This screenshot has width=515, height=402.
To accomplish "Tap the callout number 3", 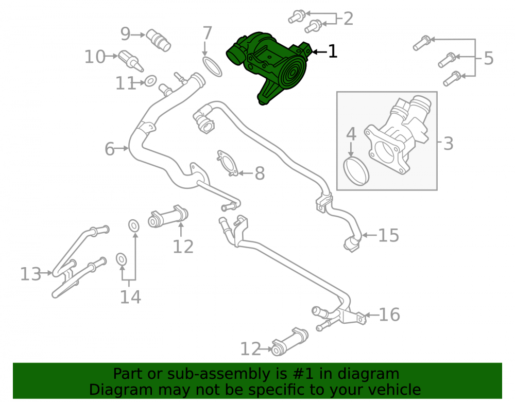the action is pos(449,144).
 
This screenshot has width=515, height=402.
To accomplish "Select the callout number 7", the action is pos(207,33).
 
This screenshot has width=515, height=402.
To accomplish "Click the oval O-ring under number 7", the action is pos(212,66).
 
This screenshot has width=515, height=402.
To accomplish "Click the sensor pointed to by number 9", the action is pos(158,40).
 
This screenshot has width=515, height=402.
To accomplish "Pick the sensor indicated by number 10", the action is pos(131,61).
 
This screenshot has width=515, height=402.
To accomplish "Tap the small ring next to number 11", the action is pos(150,81).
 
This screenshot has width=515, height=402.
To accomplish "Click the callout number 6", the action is pos(110,149).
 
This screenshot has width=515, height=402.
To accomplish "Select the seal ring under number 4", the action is pos(356,171).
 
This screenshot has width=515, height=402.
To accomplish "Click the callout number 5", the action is pos(489,58).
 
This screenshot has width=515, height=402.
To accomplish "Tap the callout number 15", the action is pos(388,235).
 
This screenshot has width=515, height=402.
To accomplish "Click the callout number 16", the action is pos(389,314).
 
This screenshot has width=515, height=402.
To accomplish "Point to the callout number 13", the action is pos(31,274).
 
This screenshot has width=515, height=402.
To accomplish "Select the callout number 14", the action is pos(130,297).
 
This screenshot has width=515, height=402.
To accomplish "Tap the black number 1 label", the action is pos(333,51).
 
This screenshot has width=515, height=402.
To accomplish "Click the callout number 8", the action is pos(260,173).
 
